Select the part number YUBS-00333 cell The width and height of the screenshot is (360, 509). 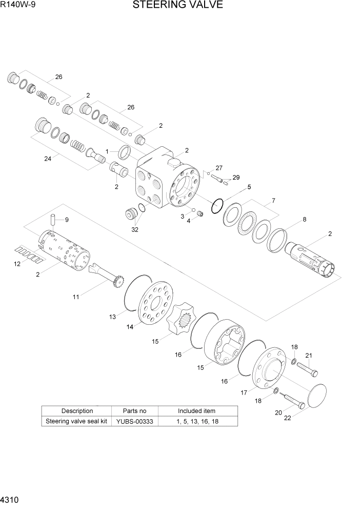(134, 421)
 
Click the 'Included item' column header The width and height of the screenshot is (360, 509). (196, 411)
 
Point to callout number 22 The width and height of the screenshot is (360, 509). (287, 418)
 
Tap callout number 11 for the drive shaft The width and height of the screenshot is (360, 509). (76, 297)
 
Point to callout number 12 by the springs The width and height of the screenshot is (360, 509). (17, 264)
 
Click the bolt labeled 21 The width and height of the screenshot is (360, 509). (307, 368)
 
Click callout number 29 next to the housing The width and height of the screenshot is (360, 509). (236, 178)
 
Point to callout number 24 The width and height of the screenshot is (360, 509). (48, 159)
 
